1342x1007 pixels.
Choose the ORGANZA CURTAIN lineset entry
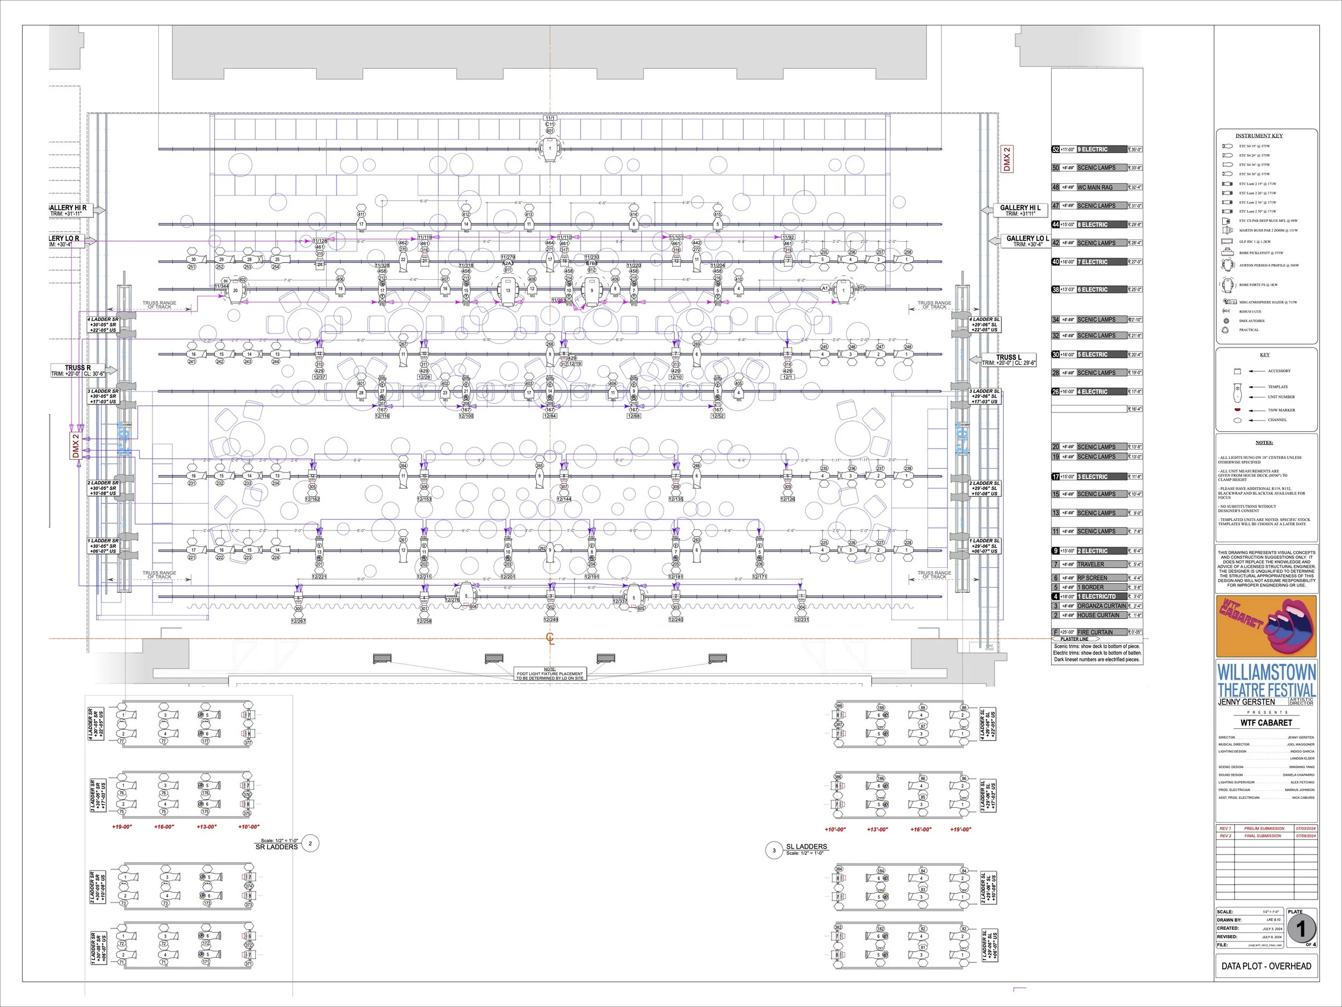tap(1101, 606)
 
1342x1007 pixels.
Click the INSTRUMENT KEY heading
tap(1259, 135)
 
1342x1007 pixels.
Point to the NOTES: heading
tap(1264, 443)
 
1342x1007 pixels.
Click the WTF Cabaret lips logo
tap(1266, 626)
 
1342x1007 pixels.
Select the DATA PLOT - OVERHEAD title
tap(1266, 966)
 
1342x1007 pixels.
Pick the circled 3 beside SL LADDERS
tap(774, 850)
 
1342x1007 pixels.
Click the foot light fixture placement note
tap(550, 673)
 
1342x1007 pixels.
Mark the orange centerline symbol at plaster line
tap(550, 638)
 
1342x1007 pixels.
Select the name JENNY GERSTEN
tap(1246, 702)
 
